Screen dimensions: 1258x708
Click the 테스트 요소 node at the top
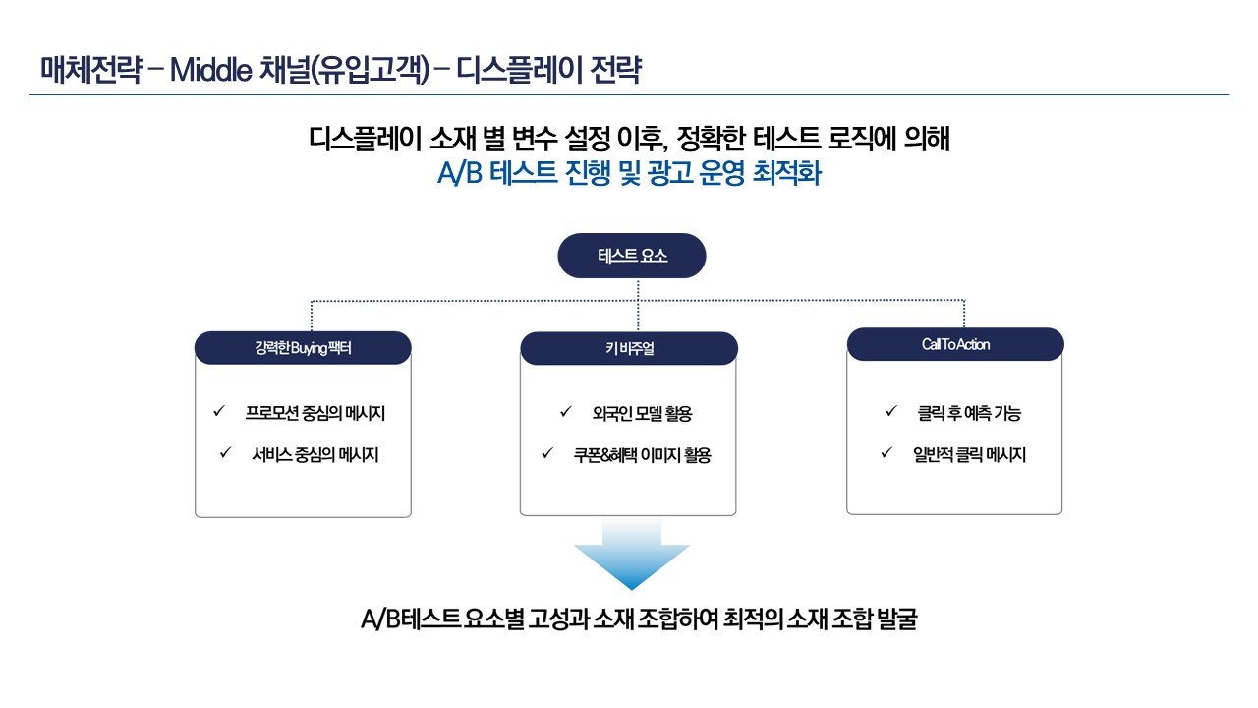(x=632, y=256)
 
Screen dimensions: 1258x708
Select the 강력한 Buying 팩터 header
(x=303, y=348)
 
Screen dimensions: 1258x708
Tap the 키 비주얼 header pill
(x=629, y=348)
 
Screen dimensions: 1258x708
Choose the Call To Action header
(x=955, y=344)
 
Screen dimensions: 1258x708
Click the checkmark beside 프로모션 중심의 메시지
(x=219, y=411)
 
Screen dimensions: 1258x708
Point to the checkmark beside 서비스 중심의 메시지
(x=225, y=452)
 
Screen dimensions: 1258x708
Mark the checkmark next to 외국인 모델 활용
(x=565, y=412)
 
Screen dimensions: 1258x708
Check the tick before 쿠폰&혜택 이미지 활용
(x=547, y=453)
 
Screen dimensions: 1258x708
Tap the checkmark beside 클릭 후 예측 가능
(x=891, y=411)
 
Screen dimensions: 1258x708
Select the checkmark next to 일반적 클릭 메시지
(x=886, y=452)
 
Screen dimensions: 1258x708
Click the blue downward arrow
(x=632, y=554)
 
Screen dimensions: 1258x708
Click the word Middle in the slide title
(x=210, y=70)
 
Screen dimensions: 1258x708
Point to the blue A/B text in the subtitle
(x=459, y=172)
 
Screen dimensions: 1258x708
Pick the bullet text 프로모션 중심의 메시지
(x=315, y=414)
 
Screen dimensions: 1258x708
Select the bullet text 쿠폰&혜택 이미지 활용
(x=643, y=455)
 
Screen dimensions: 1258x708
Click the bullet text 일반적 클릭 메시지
(x=969, y=454)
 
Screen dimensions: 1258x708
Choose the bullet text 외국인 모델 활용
(x=642, y=414)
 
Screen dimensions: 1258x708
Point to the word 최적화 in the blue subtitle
(x=787, y=172)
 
